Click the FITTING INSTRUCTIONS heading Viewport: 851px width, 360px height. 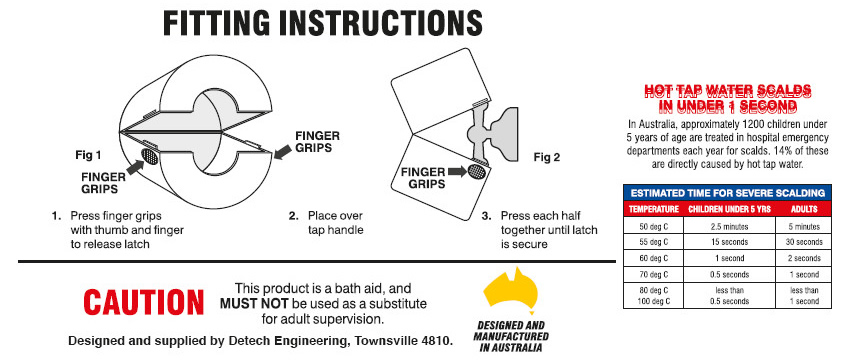(322, 24)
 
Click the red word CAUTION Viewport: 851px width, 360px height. (142, 302)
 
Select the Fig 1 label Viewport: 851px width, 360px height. (88, 155)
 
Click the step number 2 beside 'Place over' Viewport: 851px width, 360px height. (293, 215)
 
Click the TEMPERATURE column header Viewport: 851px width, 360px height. (652, 209)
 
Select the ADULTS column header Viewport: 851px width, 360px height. (804, 209)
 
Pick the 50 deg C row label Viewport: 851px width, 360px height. (652, 226)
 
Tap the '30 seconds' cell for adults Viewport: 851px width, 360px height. (804, 242)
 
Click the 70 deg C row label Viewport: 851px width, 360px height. (652, 274)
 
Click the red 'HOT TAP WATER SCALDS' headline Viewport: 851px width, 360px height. (727, 90)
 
